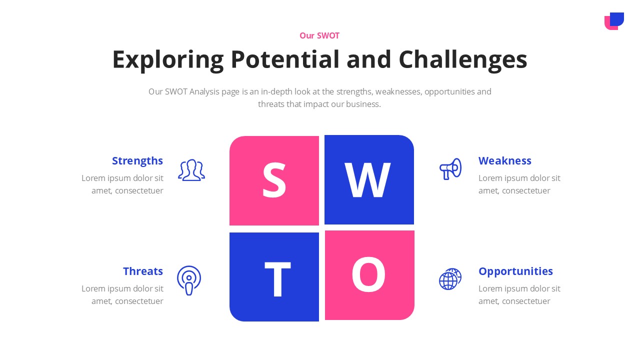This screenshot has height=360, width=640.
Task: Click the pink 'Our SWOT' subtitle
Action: (319, 35)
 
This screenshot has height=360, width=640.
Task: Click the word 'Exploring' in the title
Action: (167, 59)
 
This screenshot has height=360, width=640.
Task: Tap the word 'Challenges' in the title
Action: (462, 59)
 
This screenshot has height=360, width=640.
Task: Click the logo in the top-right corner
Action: (614, 21)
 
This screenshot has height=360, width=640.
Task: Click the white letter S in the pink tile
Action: (274, 180)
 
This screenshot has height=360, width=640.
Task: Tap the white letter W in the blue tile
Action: (367, 180)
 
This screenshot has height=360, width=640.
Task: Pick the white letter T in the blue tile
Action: (277, 279)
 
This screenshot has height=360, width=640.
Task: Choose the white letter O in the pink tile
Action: (368, 275)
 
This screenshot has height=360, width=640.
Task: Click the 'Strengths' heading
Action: (137, 160)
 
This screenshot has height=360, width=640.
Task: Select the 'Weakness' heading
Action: (504, 160)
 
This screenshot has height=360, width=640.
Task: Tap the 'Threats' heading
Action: (143, 271)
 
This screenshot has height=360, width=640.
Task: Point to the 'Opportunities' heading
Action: (515, 271)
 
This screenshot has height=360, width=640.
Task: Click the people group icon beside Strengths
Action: (191, 170)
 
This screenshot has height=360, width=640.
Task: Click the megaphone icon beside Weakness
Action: (450, 169)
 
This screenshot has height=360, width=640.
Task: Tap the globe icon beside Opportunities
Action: (450, 279)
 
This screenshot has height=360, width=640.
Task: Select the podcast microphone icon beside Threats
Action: (189, 280)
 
